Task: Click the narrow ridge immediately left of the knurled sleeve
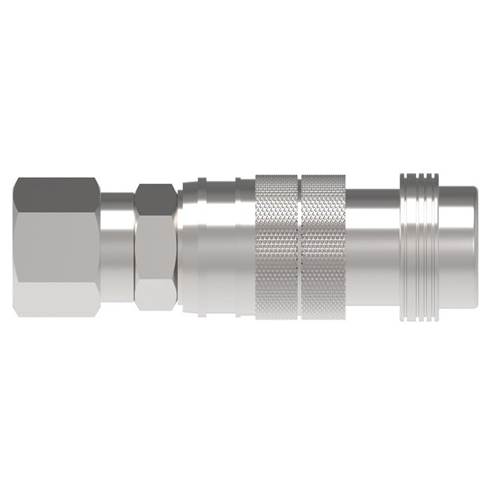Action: tap(246, 243)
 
